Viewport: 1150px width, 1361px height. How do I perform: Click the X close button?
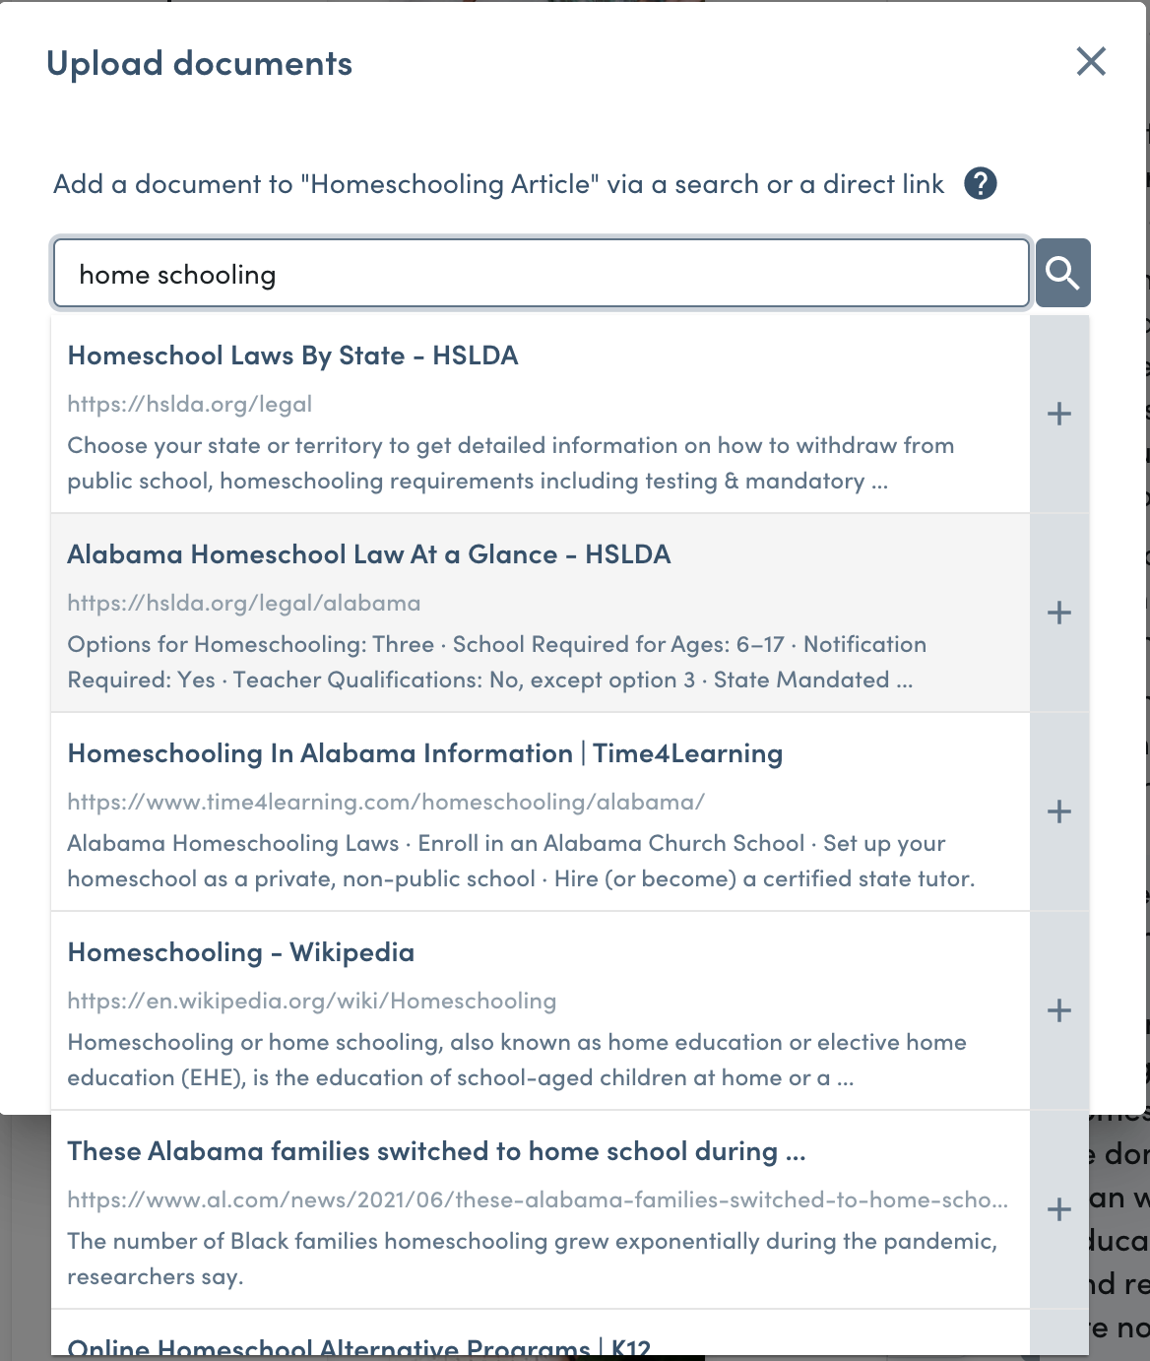click(x=1091, y=61)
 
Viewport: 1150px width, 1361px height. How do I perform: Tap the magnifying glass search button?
click(x=1062, y=273)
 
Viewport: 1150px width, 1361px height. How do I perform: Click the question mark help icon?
click(x=980, y=183)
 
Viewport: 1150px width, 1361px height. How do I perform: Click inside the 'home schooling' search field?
click(x=541, y=274)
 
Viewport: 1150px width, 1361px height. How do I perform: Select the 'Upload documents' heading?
click(x=199, y=64)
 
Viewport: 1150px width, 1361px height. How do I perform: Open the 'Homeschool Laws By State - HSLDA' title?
click(x=292, y=356)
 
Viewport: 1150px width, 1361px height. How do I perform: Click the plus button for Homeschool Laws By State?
click(x=1059, y=414)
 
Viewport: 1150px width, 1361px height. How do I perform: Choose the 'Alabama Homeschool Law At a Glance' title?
click(x=368, y=554)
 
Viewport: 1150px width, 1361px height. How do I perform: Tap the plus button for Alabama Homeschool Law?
click(x=1059, y=613)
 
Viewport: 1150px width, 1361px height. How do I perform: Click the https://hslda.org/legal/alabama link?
click(x=243, y=603)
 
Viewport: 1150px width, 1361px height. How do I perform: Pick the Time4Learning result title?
click(x=424, y=753)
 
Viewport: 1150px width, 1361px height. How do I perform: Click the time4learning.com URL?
click(x=386, y=802)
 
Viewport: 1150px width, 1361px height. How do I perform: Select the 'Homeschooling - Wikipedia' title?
click(x=240, y=952)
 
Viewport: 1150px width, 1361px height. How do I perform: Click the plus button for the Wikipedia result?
click(x=1059, y=1010)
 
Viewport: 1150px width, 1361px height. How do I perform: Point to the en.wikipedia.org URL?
click(x=311, y=1001)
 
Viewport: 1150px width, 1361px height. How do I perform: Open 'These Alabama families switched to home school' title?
click(x=436, y=1151)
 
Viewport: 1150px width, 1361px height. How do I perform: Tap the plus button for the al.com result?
click(x=1059, y=1209)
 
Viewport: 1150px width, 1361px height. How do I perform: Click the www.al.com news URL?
click(x=537, y=1199)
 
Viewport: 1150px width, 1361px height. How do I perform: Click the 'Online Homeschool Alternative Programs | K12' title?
click(x=358, y=1347)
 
